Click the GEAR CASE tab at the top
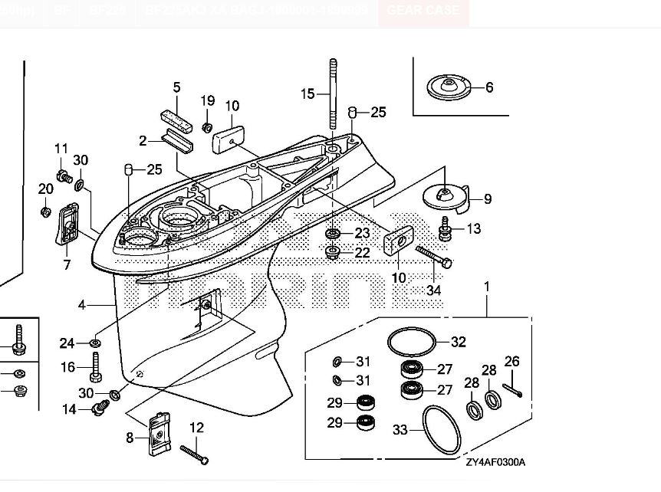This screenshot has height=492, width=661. click(x=423, y=11)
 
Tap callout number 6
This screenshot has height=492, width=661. click(x=489, y=87)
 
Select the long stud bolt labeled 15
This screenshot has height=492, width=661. click(x=334, y=96)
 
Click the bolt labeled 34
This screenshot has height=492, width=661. click(x=433, y=257)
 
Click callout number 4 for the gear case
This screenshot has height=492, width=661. click(x=82, y=305)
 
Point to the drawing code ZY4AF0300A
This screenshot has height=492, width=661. click(x=495, y=462)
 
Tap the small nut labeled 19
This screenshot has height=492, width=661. click(x=206, y=126)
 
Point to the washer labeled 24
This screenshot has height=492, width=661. click(x=94, y=342)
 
